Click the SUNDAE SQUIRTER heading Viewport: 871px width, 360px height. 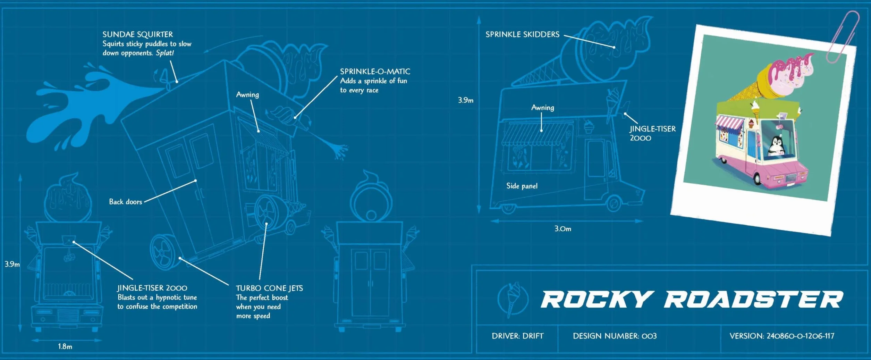pyautogui.click(x=137, y=34)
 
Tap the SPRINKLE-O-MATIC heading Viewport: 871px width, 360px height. pyautogui.click(x=375, y=72)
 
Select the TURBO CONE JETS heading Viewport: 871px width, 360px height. pyautogui.click(x=269, y=288)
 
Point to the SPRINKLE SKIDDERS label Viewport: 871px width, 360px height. pyautogui.click(x=522, y=34)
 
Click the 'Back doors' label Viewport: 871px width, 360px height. pyautogui.click(x=126, y=202)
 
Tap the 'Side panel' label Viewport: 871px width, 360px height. pyautogui.click(x=522, y=186)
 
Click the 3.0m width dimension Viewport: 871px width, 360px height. pyautogui.click(x=563, y=229)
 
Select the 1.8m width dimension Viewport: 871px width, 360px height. pyautogui.click(x=65, y=346)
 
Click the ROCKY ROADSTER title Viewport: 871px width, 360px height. pyautogui.click(x=692, y=300)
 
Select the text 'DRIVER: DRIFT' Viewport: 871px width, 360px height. pyautogui.click(x=518, y=336)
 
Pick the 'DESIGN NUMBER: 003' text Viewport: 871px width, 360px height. pyautogui.click(x=615, y=336)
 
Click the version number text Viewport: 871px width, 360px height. pyautogui.click(x=782, y=336)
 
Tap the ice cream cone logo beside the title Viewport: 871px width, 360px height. pyautogui.click(x=513, y=299)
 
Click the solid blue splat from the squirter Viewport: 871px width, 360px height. pyautogui.click(x=87, y=104)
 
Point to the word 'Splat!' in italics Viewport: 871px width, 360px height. pyautogui.click(x=165, y=53)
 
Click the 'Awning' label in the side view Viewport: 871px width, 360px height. pyautogui.click(x=543, y=108)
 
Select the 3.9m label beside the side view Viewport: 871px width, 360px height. pyautogui.click(x=466, y=100)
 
